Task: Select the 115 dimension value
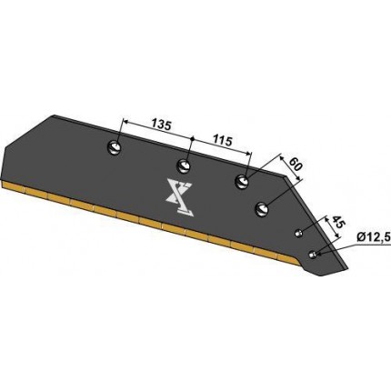(222, 140)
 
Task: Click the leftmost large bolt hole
(115, 148)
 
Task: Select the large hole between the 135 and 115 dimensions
(184, 165)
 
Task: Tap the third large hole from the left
(242, 182)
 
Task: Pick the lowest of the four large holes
(262, 209)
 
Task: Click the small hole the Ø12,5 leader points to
(312, 255)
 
